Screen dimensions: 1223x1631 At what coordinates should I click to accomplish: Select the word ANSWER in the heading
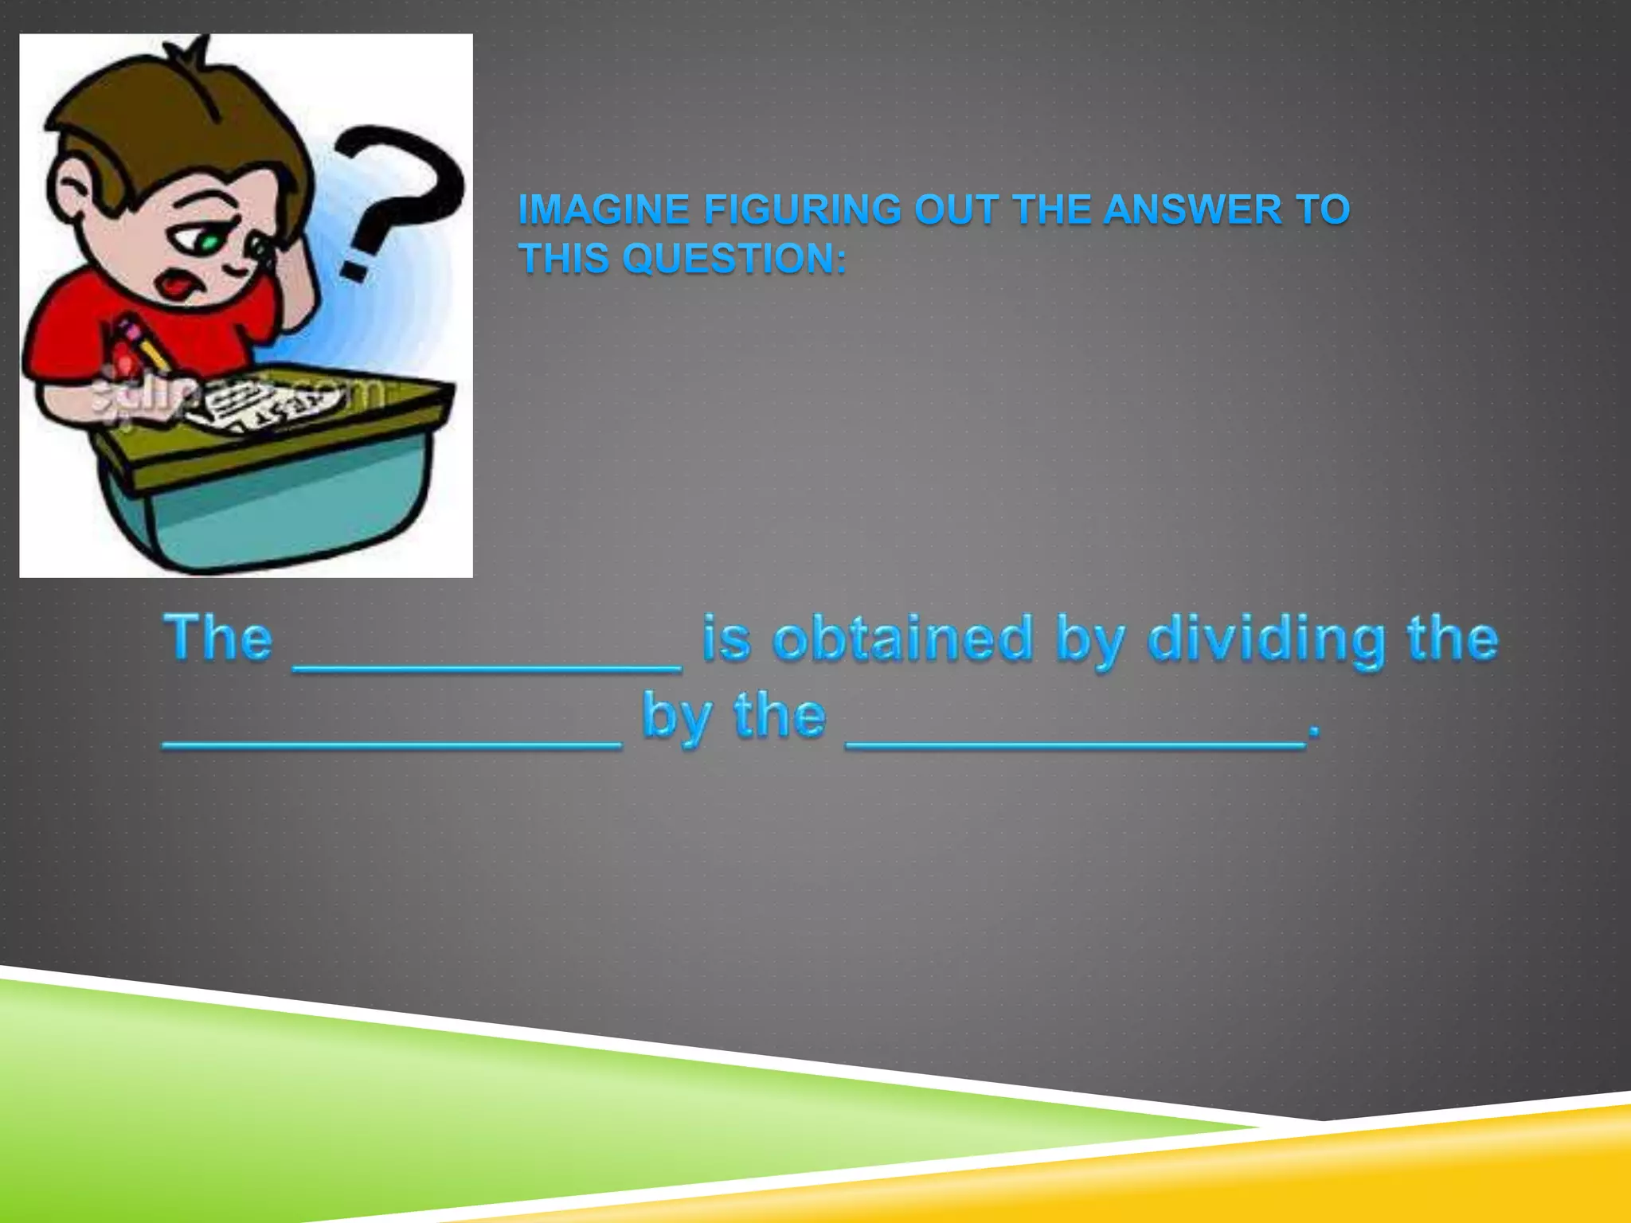click(x=1192, y=210)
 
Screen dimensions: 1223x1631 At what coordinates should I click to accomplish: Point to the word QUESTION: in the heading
click(x=734, y=259)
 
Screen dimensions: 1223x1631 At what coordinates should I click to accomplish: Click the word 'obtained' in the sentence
click(x=902, y=639)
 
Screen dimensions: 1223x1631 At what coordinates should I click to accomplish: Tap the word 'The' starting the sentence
click(x=218, y=639)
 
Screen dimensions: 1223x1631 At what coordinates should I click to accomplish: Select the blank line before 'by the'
click(x=392, y=745)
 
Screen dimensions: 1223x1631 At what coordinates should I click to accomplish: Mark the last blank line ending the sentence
click(x=1075, y=745)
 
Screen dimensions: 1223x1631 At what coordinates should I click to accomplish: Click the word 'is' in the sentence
click(x=726, y=639)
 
